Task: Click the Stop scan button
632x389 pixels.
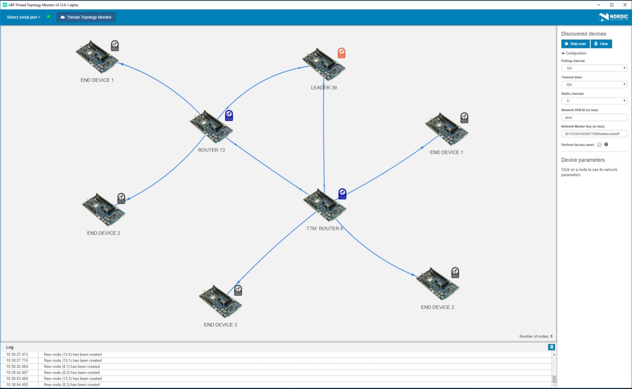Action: click(575, 44)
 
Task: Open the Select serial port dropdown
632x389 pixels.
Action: click(23, 17)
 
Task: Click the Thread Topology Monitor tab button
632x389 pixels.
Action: click(86, 17)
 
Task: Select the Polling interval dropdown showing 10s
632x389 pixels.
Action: click(594, 68)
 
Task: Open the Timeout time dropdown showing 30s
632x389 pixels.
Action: click(594, 84)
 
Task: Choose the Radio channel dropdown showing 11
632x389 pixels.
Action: click(594, 101)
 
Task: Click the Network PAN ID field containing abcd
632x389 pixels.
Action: click(594, 117)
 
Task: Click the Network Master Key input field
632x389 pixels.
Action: click(594, 134)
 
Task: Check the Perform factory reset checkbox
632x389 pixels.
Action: click(599, 145)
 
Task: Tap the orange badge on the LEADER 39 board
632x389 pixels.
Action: click(341, 53)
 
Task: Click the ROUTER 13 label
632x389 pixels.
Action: click(211, 150)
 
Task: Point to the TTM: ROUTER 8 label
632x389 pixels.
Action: click(325, 228)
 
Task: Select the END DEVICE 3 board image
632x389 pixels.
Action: click(220, 301)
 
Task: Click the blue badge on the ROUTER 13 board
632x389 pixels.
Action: click(229, 116)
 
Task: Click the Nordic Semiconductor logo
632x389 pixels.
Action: click(613, 17)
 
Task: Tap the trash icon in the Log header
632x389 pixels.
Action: click(551, 347)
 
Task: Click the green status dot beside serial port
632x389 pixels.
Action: click(48, 17)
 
